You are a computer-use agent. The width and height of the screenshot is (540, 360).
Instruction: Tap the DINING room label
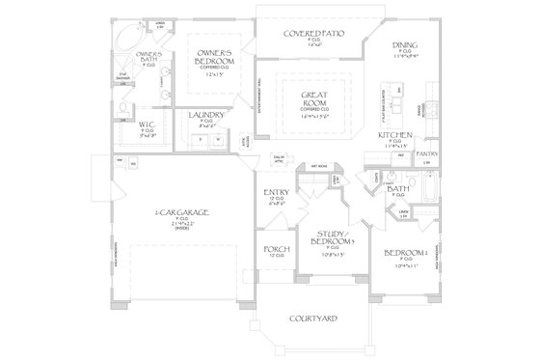coord(404,45)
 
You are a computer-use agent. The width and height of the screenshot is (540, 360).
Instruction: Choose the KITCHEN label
coord(396,135)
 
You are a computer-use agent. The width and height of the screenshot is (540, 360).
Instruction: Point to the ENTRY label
coord(276,194)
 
